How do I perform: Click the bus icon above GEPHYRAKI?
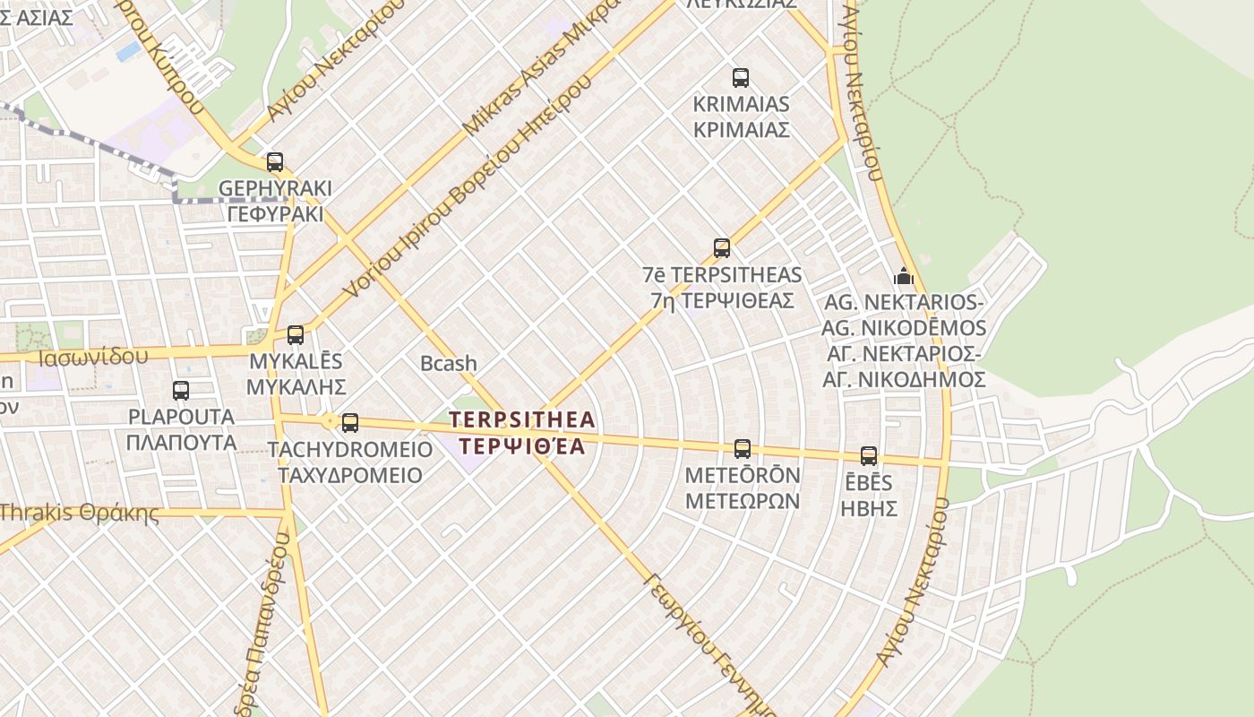[275, 162]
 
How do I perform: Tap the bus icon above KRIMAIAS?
[741, 78]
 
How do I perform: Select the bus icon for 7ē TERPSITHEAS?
[722, 248]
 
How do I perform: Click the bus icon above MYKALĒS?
[296, 335]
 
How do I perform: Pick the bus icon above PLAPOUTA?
[181, 391]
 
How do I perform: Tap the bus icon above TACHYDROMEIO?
[350, 423]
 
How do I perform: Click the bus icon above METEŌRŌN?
[743, 449]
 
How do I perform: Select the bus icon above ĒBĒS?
[869, 456]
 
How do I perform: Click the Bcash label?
[449, 363]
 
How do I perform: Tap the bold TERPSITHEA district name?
[521, 419]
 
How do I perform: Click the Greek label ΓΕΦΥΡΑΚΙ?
[275, 214]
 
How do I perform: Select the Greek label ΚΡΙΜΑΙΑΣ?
[741, 129]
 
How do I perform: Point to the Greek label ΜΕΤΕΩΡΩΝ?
[743, 500]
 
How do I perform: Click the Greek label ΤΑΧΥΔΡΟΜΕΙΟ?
[350, 475]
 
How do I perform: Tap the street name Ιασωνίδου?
[93, 357]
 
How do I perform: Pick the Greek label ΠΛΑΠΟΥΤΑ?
[181, 442]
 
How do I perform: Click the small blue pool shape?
[128, 50]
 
